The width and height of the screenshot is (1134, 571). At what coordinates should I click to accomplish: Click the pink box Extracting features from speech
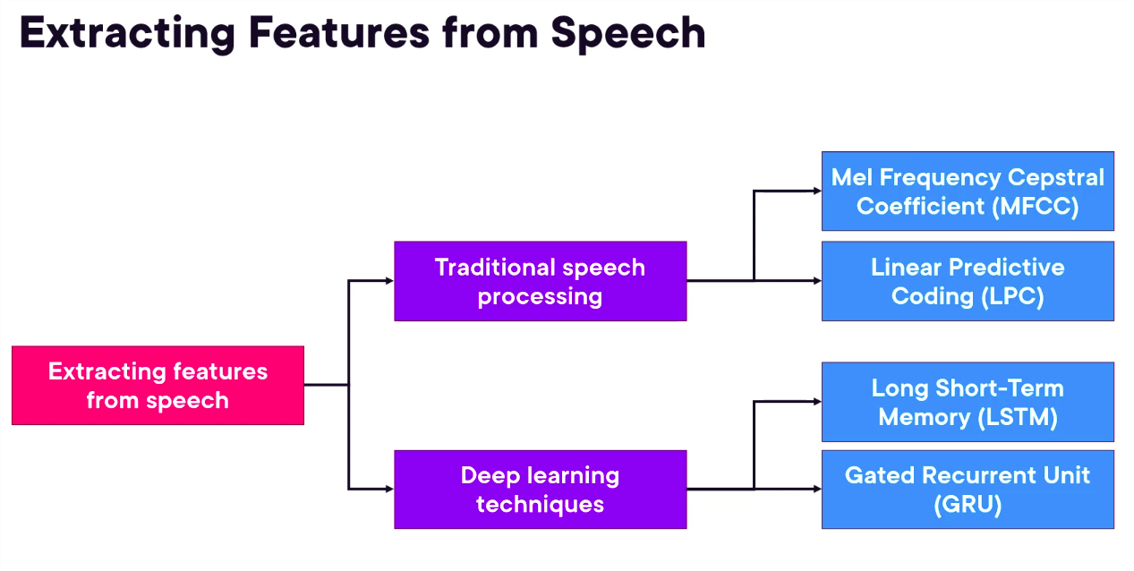click(x=158, y=385)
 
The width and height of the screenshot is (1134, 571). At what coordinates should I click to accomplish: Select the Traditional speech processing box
click(x=540, y=280)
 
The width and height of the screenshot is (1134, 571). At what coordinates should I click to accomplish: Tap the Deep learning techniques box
click(x=540, y=489)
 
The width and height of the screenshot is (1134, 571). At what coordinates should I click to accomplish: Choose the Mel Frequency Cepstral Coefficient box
click(x=968, y=191)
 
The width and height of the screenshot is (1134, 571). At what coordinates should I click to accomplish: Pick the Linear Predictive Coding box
click(x=968, y=280)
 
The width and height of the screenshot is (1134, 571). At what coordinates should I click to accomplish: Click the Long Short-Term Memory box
click(x=968, y=402)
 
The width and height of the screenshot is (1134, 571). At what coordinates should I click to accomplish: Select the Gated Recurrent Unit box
click(x=968, y=489)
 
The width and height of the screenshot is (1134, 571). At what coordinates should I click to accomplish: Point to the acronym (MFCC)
click(x=1034, y=206)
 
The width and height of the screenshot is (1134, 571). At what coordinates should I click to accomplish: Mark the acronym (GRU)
click(x=968, y=505)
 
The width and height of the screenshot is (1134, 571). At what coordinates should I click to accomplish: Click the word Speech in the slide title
click(x=627, y=32)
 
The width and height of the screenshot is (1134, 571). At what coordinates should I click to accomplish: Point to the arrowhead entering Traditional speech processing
click(x=389, y=280)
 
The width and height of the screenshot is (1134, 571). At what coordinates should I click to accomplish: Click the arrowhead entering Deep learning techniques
click(x=389, y=489)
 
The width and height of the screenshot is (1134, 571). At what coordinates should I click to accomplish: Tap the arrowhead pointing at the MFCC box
click(x=817, y=191)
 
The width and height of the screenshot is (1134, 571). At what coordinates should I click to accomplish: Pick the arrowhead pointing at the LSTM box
click(x=817, y=402)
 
